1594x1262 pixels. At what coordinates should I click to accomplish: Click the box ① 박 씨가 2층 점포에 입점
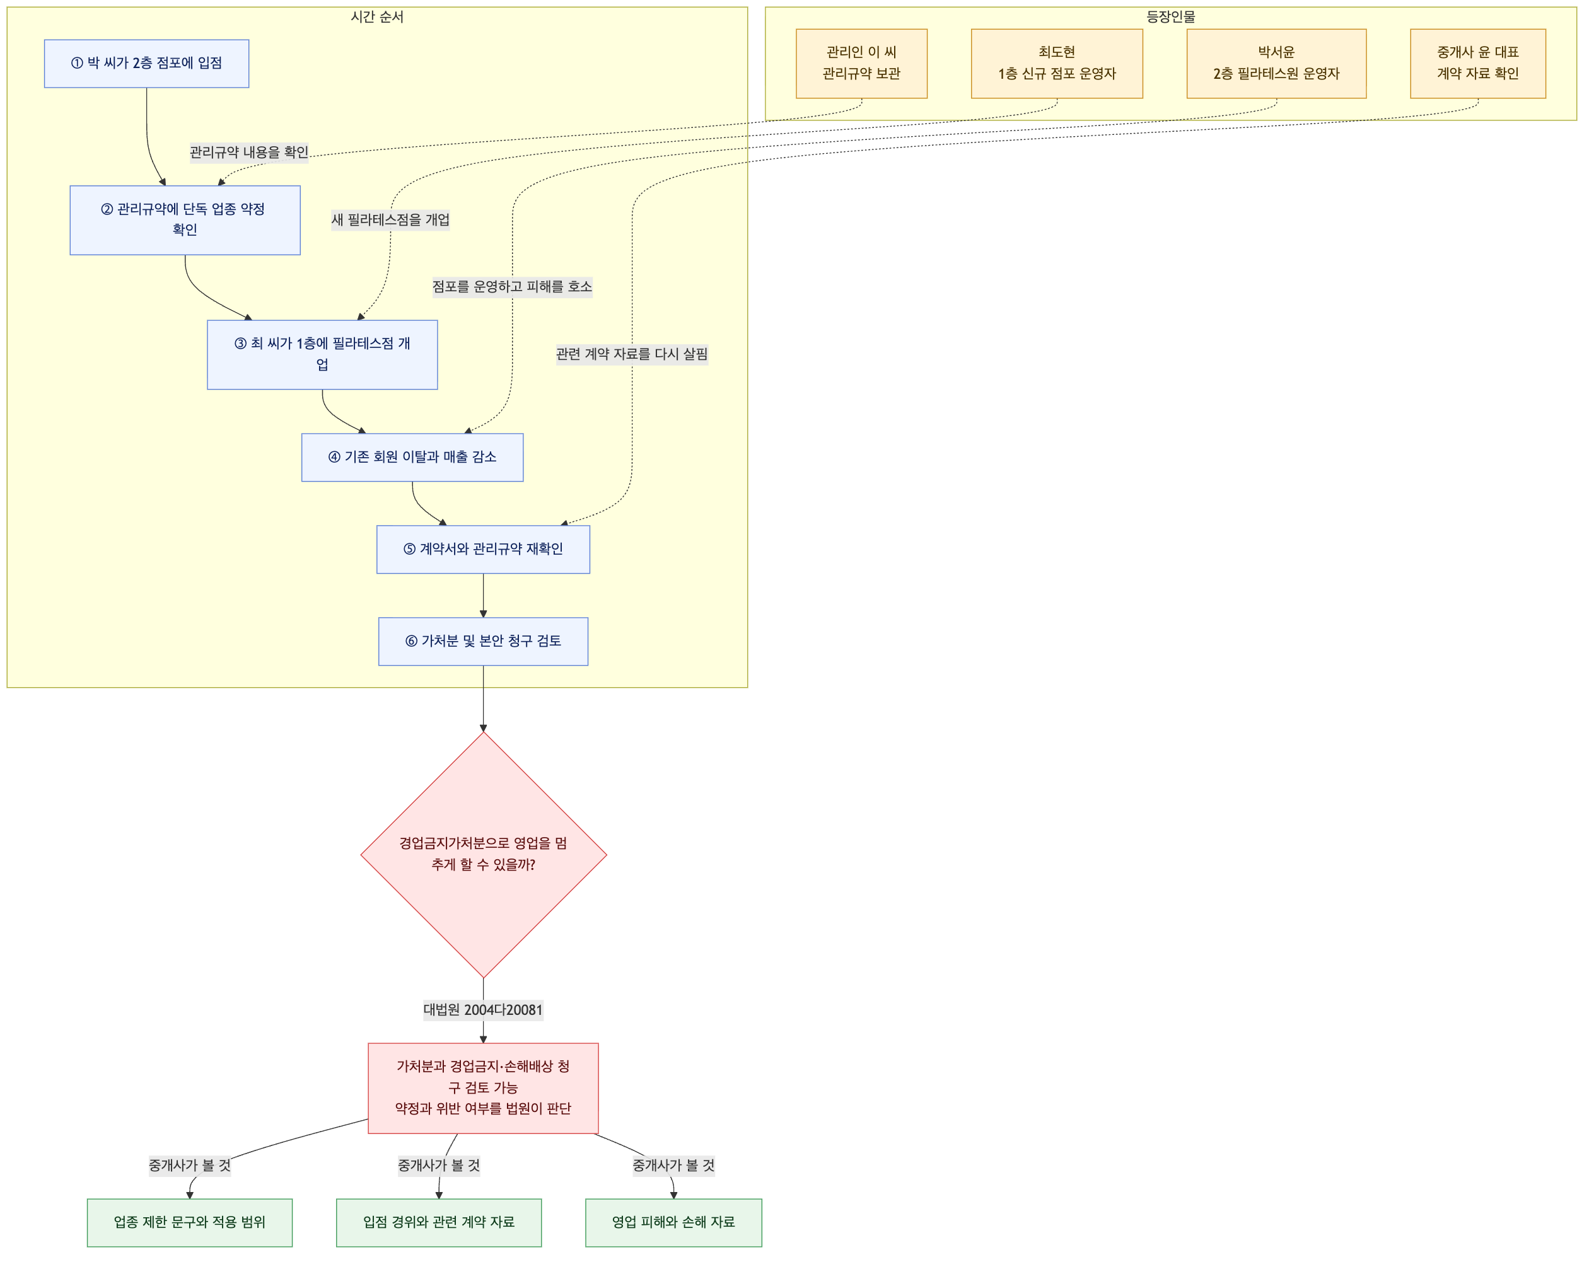click(x=146, y=64)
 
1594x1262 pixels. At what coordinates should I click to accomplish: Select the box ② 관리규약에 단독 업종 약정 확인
click(x=185, y=220)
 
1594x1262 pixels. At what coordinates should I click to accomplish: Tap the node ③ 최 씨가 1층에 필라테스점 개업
click(x=322, y=355)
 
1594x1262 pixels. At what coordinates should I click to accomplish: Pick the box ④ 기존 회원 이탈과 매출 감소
click(x=412, y=458)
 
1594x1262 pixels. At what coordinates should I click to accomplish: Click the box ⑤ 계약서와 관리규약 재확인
click(x=483, y=549)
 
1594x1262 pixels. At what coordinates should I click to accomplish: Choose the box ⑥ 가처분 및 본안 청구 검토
click(x=483, y=641)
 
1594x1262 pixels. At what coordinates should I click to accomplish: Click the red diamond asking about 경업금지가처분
click(x=483, y=854)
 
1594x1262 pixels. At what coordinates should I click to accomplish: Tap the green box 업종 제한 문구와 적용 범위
click(x=189, y=1222)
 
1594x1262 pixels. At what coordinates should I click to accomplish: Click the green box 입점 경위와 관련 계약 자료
click(x=439, y=1222)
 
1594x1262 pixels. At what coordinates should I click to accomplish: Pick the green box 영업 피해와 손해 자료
click(x=673, y=1222)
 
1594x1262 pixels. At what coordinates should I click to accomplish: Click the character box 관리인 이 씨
click(x=862, y=64)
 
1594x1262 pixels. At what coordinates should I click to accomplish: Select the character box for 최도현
click(x=1057, y=64)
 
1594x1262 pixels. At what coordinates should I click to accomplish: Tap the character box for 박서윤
click(x=1276, y=64)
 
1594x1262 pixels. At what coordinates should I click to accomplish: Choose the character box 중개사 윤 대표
click(x=1478, y=64)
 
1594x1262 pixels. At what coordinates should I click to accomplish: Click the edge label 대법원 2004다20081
click(x=483, y=1010)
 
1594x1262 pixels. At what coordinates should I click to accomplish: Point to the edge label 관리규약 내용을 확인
click(x=249, y=152)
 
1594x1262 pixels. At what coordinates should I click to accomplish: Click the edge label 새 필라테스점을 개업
click(x=390, y=219)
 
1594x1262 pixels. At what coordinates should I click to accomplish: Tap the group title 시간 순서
click(x=377, y=17)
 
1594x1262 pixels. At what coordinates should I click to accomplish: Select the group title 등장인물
click(x=1170, y=17)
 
